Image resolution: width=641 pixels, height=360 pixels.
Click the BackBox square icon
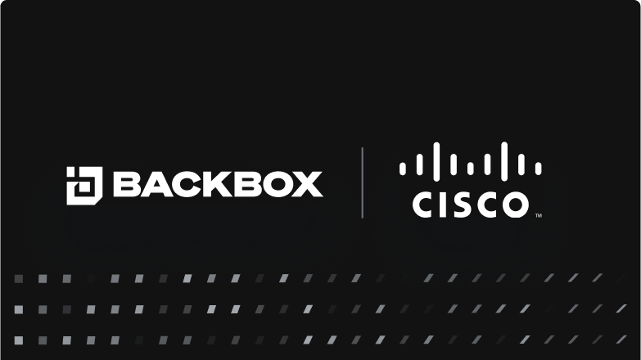(84, 186)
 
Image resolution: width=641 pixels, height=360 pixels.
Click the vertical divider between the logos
(362, 182)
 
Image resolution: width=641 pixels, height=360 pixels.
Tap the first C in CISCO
(424, 205)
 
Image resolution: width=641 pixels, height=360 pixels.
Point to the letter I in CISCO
(444, 205)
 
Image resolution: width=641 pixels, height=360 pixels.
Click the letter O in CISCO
(516, 205)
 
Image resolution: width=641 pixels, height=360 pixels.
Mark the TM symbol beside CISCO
(539, 215)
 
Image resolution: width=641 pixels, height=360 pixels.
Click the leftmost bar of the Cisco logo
(403, 169)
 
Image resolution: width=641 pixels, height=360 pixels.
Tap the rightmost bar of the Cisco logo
(539, 169)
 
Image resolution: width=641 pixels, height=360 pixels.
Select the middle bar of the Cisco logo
(471, 169)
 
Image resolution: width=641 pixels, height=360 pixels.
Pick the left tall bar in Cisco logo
(436, 161)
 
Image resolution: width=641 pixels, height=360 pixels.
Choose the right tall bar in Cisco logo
(504, 161)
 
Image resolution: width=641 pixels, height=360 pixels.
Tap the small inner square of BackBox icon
(84, 187)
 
